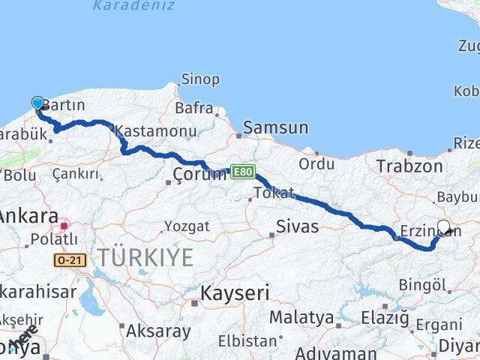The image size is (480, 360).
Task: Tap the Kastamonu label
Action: [x=156, y=131]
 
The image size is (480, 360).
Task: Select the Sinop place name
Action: [x=200, y=79]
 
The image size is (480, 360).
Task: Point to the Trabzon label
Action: [x=409, y=166]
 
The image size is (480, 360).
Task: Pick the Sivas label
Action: [x=297, y=226]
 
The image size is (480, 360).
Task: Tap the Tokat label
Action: [x=274, y=193]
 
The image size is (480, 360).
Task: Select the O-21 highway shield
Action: [x=70, y=259]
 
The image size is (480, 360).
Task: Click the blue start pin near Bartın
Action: [x=38, y=104]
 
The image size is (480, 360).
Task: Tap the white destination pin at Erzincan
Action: [x=443, y=227]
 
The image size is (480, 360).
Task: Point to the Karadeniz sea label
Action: [x=133, y=6]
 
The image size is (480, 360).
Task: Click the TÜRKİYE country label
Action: [x=145, y=258]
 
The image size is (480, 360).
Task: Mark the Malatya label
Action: [x=301, y=317]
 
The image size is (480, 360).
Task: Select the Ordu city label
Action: [x=316, y=163]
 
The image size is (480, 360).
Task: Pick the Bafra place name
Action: [x=194, y=108]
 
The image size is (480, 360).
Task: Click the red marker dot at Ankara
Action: [x=65, y=224]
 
